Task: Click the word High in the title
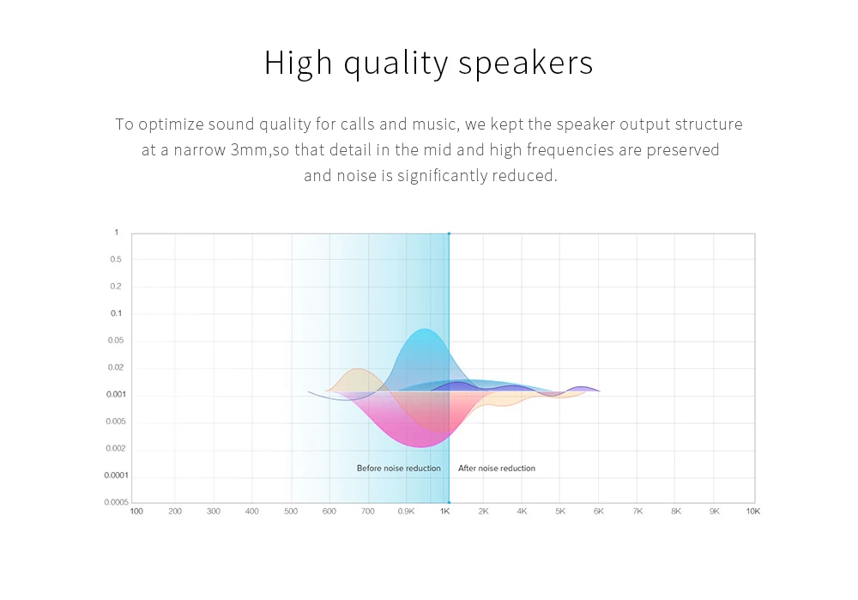tap(299, 63)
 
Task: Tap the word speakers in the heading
tap(525, 63)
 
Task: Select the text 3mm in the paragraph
tap(249, 150)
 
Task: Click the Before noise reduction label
tap(398, 468)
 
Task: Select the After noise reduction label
tap(497, 468)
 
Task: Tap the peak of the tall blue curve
tap(424, 329)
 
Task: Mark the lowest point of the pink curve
tap(420, 446)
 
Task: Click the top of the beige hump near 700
tap(358, 369)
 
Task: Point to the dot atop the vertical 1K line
tap(450, 233)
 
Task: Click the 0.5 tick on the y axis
tap(116, 259)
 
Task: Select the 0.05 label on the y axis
tap(116, 341)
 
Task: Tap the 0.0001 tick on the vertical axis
tap(116, 476)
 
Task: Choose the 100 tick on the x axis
tap(136, 512)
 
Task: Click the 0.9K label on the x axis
tap(406, 512)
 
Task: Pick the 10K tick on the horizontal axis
tap(753, 512)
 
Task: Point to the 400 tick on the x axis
tap(251, 512)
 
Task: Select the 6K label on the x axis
tap(599, 512)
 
